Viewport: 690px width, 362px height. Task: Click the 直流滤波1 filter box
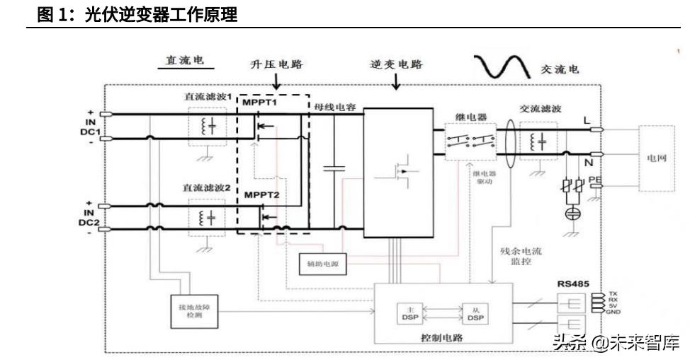pos(207,127)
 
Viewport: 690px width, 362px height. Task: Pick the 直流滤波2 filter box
pos(207,218)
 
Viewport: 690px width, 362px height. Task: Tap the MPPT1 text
pos(259,103)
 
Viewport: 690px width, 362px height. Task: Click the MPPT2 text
pos(261,194)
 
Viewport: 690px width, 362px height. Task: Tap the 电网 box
pos(656,158)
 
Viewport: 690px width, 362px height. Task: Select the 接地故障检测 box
pos(195,312)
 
